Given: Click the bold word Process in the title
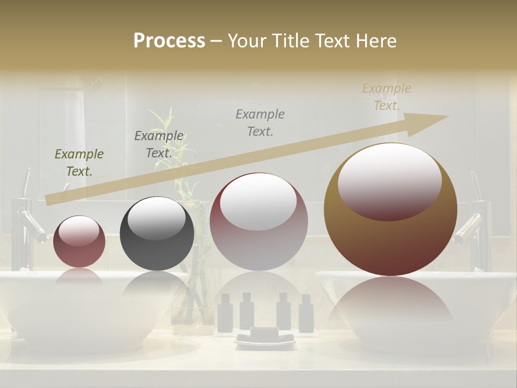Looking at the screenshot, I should point(169,41).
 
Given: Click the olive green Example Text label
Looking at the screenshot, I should point(79,163).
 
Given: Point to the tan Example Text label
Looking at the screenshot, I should point(387,97).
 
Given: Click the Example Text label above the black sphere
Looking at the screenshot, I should point(159,144).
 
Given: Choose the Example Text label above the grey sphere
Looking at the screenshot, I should point(260,122).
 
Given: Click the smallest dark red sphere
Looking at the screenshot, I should point(79,241).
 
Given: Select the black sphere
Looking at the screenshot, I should point(157,234).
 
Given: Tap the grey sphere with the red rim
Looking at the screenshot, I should point(258,221).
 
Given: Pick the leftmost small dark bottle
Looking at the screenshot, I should point(226,313).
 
